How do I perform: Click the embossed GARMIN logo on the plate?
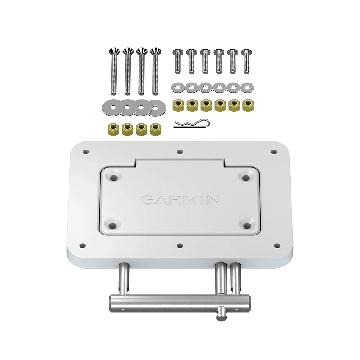180,200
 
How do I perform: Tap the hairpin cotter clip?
192,124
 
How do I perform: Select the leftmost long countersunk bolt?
114,72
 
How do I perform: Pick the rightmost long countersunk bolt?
156,72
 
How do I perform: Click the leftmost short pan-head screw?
178,61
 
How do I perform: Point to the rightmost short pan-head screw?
246,61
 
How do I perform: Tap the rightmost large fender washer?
157,107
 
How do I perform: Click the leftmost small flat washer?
178,88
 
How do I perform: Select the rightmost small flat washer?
247,88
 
